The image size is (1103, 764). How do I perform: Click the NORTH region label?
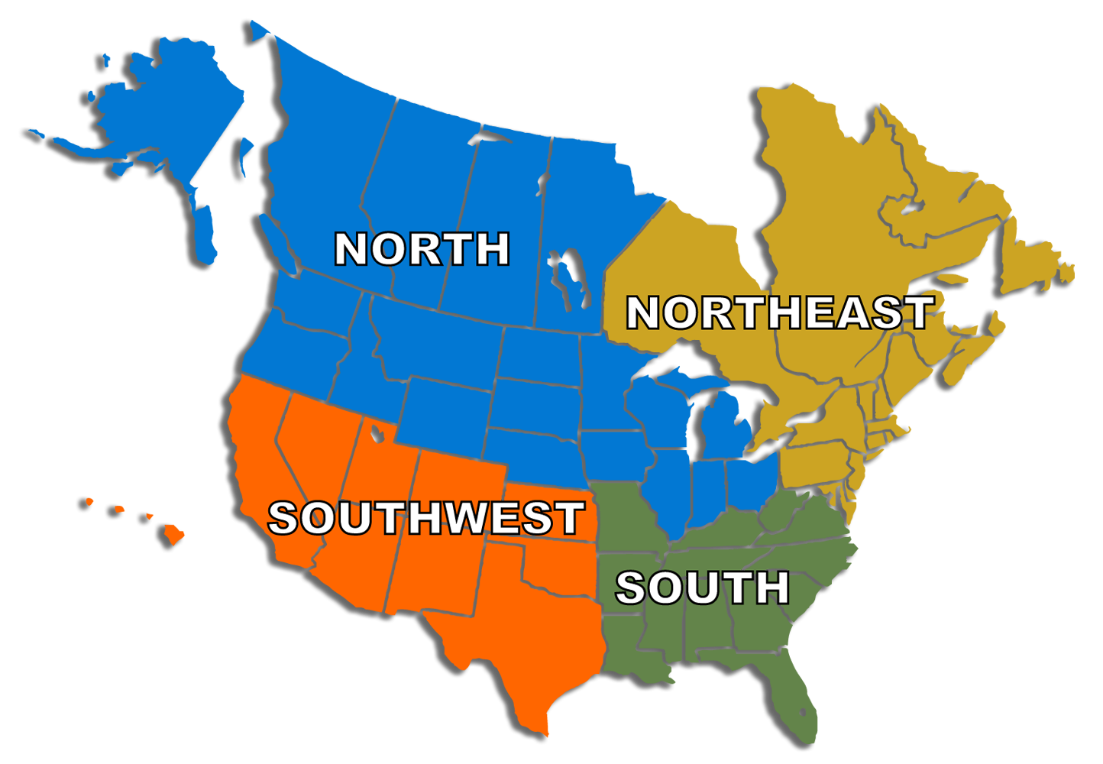click(x=422, y=249)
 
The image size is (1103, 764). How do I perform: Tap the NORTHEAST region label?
click(x=779, y=312)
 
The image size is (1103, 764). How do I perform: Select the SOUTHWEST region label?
click(x=425, y=518)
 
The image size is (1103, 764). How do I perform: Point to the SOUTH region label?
click(x=702, y=588)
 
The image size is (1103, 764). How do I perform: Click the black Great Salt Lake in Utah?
click(x=377, y=434)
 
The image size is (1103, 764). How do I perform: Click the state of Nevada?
click(x=313, y=451)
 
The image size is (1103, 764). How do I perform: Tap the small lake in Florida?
click(x=802, y=712)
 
